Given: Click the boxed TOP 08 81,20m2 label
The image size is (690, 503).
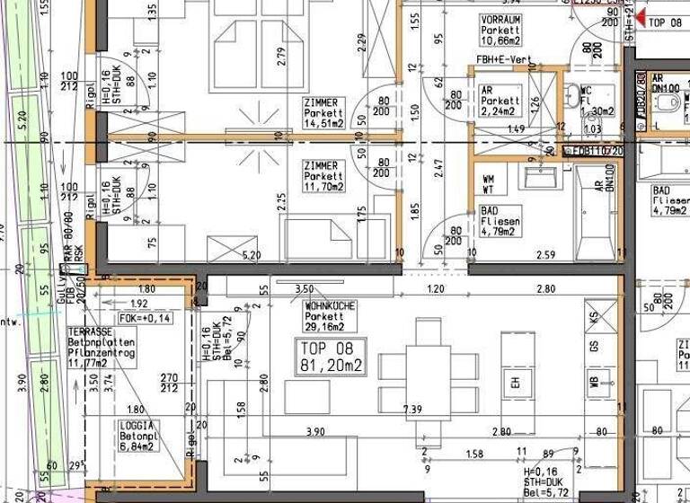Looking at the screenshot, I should (x=332, y=357).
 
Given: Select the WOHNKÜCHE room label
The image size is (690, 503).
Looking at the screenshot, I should (x=330, y=316).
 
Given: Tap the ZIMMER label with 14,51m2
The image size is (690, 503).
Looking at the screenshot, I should (x=323, y=114).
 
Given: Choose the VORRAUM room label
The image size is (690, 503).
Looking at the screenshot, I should (x=501, y=30).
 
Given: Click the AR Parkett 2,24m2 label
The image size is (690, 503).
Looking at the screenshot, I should (x=500, y=101).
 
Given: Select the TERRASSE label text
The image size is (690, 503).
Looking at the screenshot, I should (x=114, y=347).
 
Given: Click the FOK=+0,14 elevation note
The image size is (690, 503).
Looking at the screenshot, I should (x=144, y=319).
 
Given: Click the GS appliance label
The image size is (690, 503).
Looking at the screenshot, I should (x=594, y=346).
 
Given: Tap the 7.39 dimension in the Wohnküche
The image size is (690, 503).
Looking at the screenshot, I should (x=412, y=409).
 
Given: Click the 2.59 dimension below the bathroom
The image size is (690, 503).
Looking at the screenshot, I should (x=544, y=256).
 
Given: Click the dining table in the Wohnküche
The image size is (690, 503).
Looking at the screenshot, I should (x=428, y=382).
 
